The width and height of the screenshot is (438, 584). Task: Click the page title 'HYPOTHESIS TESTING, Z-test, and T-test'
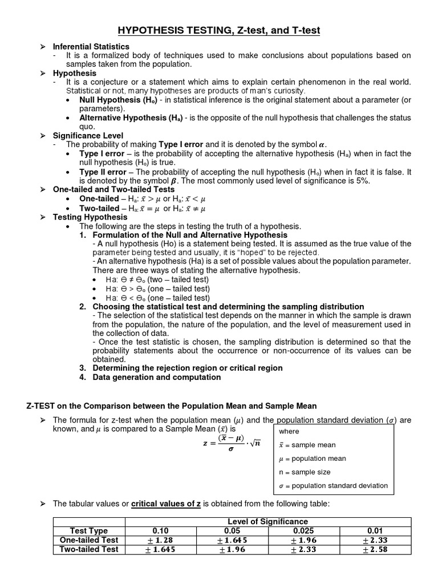point(219,30)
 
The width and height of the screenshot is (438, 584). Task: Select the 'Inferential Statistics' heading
point(91,46)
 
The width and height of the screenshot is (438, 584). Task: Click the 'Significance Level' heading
point(88,136)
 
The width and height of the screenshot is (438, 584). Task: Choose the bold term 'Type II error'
point(103,172)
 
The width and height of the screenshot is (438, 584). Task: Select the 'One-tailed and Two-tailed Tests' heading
point(114,189)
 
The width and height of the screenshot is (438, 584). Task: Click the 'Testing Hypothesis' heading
point(90,217)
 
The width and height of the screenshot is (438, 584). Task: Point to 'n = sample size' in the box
point(305,472)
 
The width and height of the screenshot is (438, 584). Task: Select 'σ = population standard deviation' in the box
point(333,486)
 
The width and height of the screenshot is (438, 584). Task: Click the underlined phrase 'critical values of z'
point(167,504)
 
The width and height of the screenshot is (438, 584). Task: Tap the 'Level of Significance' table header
point(267,521)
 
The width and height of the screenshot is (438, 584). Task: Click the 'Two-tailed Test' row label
point(89,549)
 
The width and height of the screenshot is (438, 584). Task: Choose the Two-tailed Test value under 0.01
point(375,549)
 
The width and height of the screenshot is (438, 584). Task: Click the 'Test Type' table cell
point(89,531)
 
